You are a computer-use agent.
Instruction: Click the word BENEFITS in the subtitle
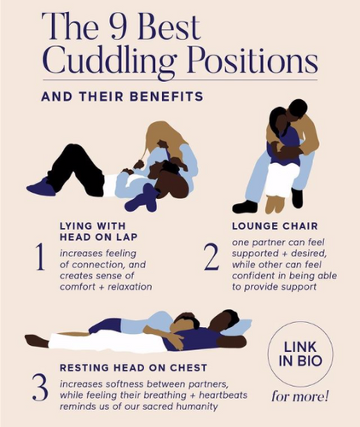(x=166, y=97)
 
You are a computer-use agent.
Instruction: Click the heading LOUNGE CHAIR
(x=275, y=226)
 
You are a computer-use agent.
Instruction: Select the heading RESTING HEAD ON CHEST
(x=133, y=367)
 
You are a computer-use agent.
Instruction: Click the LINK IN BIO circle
(x=300, y=354)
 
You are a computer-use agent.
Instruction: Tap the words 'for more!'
(x=300, y=396)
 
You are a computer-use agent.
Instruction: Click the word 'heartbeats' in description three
(x=223, y=395)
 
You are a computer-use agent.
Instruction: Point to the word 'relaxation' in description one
(x=130, y=287)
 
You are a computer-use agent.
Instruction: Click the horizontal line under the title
(x=180, y=79)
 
